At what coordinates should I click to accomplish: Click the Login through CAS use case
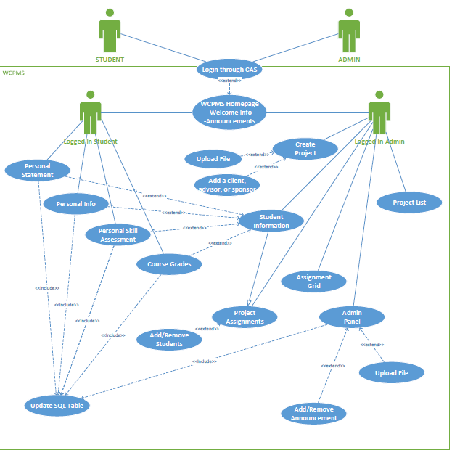point(229,70)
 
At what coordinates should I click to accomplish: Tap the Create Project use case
point(305,149)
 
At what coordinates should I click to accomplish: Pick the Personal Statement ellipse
point(38,170)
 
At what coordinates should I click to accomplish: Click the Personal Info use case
point(75,204)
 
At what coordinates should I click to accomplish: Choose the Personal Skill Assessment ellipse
point(118,234)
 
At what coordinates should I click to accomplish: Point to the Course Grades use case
point(168,264)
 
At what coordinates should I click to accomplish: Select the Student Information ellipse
point(271,221)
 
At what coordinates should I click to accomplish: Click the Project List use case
point(408,202)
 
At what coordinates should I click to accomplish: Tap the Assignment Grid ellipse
point(313,282)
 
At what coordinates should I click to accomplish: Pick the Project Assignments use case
point(245,316)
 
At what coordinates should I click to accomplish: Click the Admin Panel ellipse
point(352,317)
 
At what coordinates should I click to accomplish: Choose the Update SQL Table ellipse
point(57,405)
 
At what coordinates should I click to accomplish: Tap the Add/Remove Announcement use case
point(313,414)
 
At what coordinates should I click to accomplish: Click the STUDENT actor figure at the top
point(110,30)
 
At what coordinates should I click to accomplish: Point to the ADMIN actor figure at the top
point(349,30)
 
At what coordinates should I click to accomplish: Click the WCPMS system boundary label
point(14,73)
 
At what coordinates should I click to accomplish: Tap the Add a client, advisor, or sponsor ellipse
point(227,185)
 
